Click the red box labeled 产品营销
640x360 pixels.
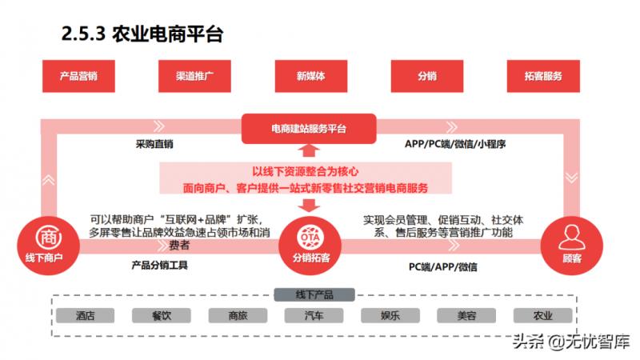coord(78,76)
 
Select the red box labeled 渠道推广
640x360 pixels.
coord(194,76)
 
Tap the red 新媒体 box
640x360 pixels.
coord(311,76)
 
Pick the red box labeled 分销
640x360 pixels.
coord(427,76)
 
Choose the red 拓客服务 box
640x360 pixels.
coord(543,76)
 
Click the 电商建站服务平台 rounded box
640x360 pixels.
coord(309,129)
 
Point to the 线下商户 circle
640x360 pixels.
coord(48,246)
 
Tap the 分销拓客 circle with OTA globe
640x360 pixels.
coord(310,246)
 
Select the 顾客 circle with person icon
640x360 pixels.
coord(572,246)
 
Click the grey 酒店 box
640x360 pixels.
coord(86,315)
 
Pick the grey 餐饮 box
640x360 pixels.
coord(162,315)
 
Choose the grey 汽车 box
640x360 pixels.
coord(314,315)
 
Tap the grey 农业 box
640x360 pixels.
coord(543,315)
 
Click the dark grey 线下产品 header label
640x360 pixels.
coord(314,294)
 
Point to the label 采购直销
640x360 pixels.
coord(154,144)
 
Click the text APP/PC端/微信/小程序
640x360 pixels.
coord(455,144)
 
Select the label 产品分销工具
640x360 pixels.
coord(159,266)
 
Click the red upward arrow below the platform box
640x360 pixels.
coord(309,150)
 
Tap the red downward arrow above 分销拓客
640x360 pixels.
coord(309,206)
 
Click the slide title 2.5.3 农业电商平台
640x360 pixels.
coord(142,34)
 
